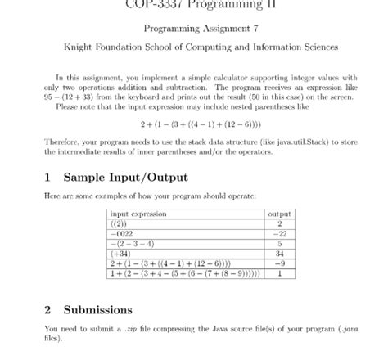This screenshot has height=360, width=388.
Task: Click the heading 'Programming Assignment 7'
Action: (x=193, y=29)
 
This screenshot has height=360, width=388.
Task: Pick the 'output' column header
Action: (x=280, y=214)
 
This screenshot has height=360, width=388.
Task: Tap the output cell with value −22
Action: (x=280, y=233)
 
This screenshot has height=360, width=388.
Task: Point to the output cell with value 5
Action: (x=280, y=243)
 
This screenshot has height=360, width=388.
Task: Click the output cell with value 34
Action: (x=280, y=253)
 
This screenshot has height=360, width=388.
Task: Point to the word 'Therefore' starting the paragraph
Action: (x=62, y=141)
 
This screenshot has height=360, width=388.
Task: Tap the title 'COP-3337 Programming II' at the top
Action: (x=193, y=4)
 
